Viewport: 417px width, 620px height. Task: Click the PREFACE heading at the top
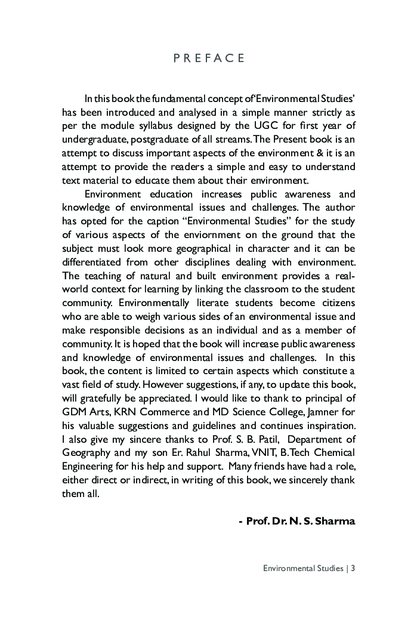point(209,58)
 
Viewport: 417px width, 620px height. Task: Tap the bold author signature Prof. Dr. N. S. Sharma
point(296,521)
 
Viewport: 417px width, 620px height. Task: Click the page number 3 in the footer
point(353,568)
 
